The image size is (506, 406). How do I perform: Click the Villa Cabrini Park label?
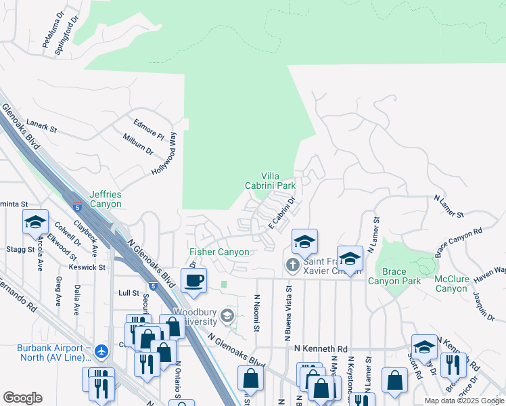pos(270,180)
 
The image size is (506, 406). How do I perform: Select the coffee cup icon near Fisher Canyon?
pos(193,280)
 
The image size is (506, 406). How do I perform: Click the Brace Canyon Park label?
pos(394,276)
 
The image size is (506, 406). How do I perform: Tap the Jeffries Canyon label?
pos(106,199)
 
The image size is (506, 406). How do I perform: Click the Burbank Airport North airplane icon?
pos(101,351)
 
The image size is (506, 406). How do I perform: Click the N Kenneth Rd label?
pos(320,348)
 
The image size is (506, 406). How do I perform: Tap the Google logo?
pos(22,398)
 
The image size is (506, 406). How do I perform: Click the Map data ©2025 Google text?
pos(463,401)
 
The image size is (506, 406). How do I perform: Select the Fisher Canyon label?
pos(219,252)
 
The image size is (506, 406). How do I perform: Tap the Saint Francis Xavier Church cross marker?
pos(292,264)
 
